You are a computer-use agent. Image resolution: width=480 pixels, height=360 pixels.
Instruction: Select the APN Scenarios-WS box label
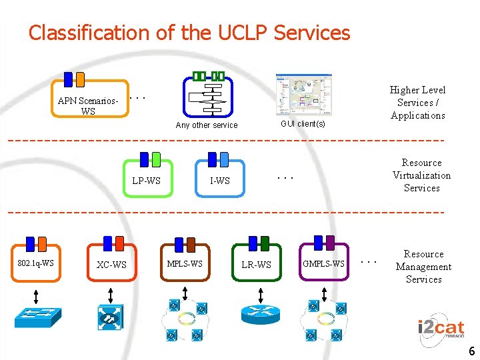click(x=88, y=106)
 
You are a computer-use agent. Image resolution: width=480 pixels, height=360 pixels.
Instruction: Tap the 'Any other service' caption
click(x=206, y=125)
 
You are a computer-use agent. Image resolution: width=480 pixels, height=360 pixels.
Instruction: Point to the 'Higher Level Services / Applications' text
click(x=417, y=103)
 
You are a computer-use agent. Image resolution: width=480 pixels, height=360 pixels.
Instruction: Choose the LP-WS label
click(x=146, y=181)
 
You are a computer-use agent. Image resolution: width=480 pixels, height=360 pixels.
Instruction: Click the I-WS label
click(x=219, y=181)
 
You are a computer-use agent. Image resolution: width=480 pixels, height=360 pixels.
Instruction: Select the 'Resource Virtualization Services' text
click(x=421, y=175)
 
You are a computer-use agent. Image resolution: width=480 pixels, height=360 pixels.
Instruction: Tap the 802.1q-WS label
click(x=36, y=263)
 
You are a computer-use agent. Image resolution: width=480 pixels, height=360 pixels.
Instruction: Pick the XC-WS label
click(x=111, y=265)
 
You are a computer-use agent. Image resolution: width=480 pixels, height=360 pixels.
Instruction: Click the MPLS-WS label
click(x=185, y=263)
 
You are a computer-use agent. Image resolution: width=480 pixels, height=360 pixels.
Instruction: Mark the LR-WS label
click(x=256, y=265)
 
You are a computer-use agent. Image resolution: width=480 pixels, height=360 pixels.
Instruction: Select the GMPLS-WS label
click(x=324, y=263)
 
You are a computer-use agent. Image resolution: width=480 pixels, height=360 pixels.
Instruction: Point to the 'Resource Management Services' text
click(x=423, y=267)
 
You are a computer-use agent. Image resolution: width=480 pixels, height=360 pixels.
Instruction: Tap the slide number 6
click(x=471, y=351)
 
